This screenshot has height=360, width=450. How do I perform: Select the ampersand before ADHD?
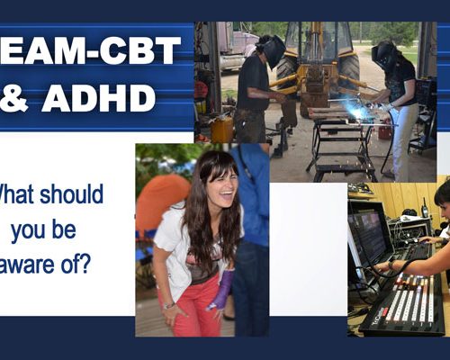coord(15,97)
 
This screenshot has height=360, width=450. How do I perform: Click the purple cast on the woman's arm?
coord(221,290)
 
